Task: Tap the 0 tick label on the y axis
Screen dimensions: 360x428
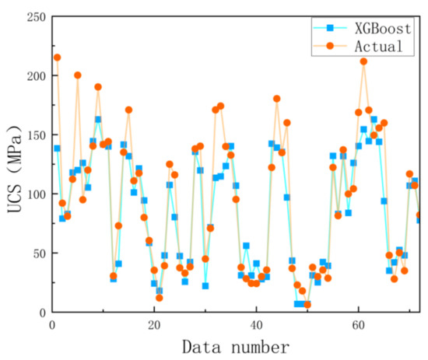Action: [x=41, y=312]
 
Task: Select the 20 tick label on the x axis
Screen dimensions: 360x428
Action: [x=153, y=323]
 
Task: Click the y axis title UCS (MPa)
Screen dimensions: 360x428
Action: [x=12, y=164]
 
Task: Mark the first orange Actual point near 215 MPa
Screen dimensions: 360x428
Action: [x=57, y=58]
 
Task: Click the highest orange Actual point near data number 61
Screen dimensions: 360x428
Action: [x=363, y=61]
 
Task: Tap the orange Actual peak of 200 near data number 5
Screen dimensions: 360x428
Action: [x=78, y=75]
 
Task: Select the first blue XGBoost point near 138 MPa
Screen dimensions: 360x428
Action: [x=57, y=149]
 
